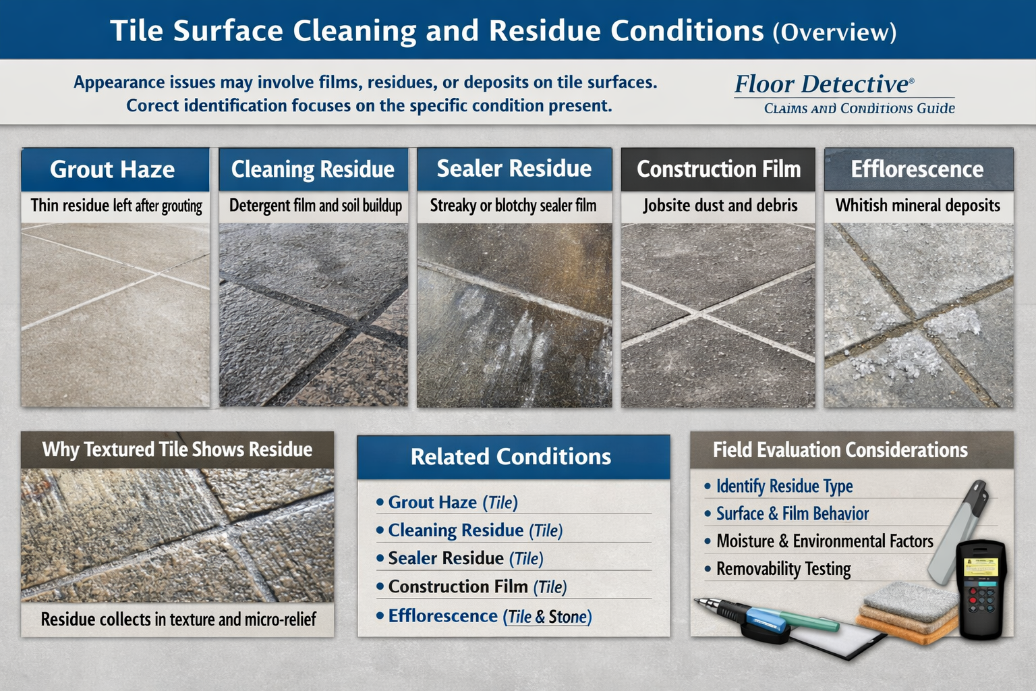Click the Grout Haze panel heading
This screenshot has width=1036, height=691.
coord(113,169)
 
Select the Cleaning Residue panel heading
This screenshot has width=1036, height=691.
coord(313,169)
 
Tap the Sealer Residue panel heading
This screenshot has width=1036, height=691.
coord(514,169)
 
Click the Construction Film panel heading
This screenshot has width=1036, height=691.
coord(718,169)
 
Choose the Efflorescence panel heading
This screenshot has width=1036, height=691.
coord(917,169)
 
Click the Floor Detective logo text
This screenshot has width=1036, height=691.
coord(824,84)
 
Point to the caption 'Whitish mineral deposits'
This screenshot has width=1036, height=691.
coord(918,206)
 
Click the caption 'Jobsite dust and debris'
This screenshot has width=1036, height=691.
coord(720,206)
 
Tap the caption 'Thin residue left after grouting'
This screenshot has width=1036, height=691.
coord(116,206)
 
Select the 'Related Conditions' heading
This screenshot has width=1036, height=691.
coord(511,457)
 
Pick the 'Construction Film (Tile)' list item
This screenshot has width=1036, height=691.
coord(478,587)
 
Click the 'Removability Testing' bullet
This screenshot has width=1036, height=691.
coord(783,569)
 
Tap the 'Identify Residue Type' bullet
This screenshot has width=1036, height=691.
coord(784,487)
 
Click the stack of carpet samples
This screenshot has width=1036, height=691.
coord(908,610)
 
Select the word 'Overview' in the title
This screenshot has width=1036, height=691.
coord(834,32)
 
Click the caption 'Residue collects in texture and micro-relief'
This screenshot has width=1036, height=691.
coord(178,619)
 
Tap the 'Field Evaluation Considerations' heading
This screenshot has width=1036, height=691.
coord(840,450)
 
